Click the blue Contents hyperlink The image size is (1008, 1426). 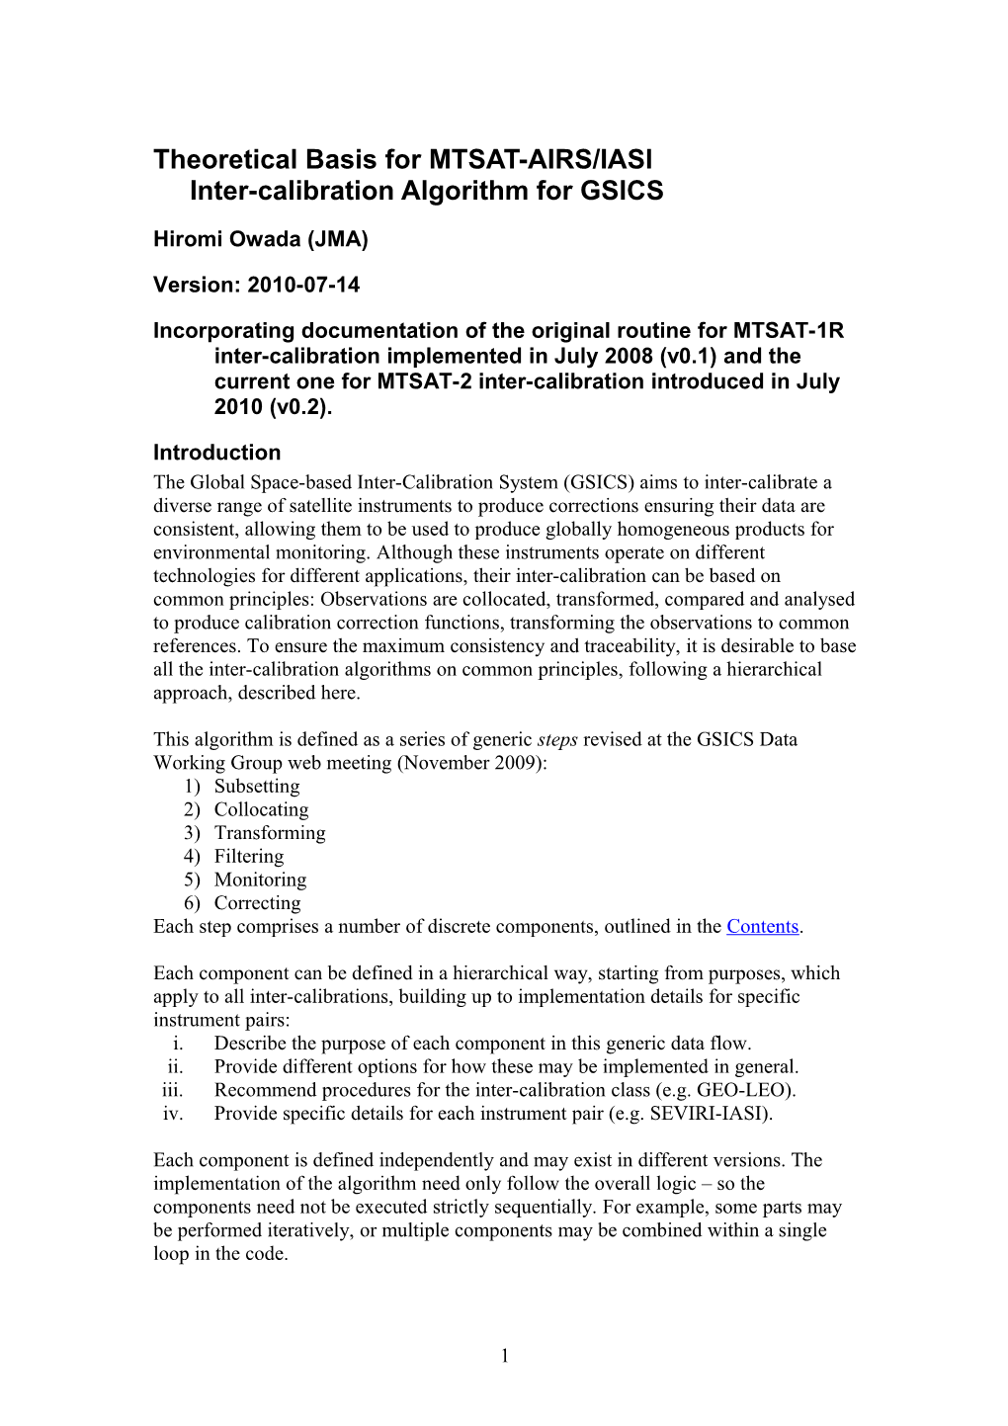[x=762, y=927]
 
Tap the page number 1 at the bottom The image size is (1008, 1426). [x=505, y=1356]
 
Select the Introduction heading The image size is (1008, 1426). [x=216, y=453]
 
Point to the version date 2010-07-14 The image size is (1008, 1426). [x=303, y=286]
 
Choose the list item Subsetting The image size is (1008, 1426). [x=257, y=787]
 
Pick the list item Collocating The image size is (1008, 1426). [x=261, y=810]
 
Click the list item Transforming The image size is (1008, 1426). [x=270, y=833]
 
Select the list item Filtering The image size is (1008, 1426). [x=249, y=857]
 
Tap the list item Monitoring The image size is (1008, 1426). [x=260, y=881]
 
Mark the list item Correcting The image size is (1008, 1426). [x=257, y=903]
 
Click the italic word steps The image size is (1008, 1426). [x=557, y=740]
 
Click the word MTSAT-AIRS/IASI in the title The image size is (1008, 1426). [x=540, y=160]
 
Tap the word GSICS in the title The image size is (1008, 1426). [x=622, y=191]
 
